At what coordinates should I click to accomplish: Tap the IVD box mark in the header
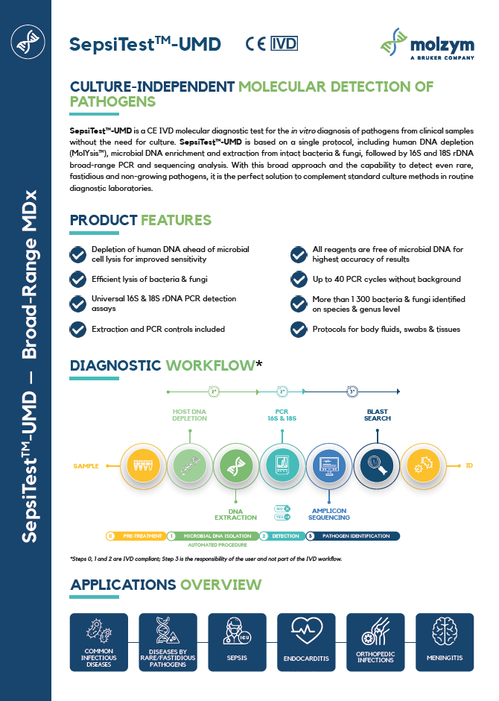(284, 43)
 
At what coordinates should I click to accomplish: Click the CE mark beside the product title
(255, 43)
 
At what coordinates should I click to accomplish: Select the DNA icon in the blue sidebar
(25, 44)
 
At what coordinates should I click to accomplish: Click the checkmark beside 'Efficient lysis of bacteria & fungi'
(77, 280)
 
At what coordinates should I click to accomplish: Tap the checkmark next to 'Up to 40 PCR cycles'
(299, 280)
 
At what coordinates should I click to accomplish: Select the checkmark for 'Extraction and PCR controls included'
(77, 329)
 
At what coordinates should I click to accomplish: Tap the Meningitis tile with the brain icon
(445, 641)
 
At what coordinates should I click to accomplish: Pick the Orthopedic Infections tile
(375, 641)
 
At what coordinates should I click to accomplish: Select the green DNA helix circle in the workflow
(237, 466)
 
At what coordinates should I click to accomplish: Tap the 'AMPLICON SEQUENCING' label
(331, 513)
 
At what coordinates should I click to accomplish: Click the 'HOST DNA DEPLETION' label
(190, 415)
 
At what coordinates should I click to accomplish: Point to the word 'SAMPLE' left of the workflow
(86, 466)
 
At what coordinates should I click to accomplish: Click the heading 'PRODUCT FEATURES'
(140, 220)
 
